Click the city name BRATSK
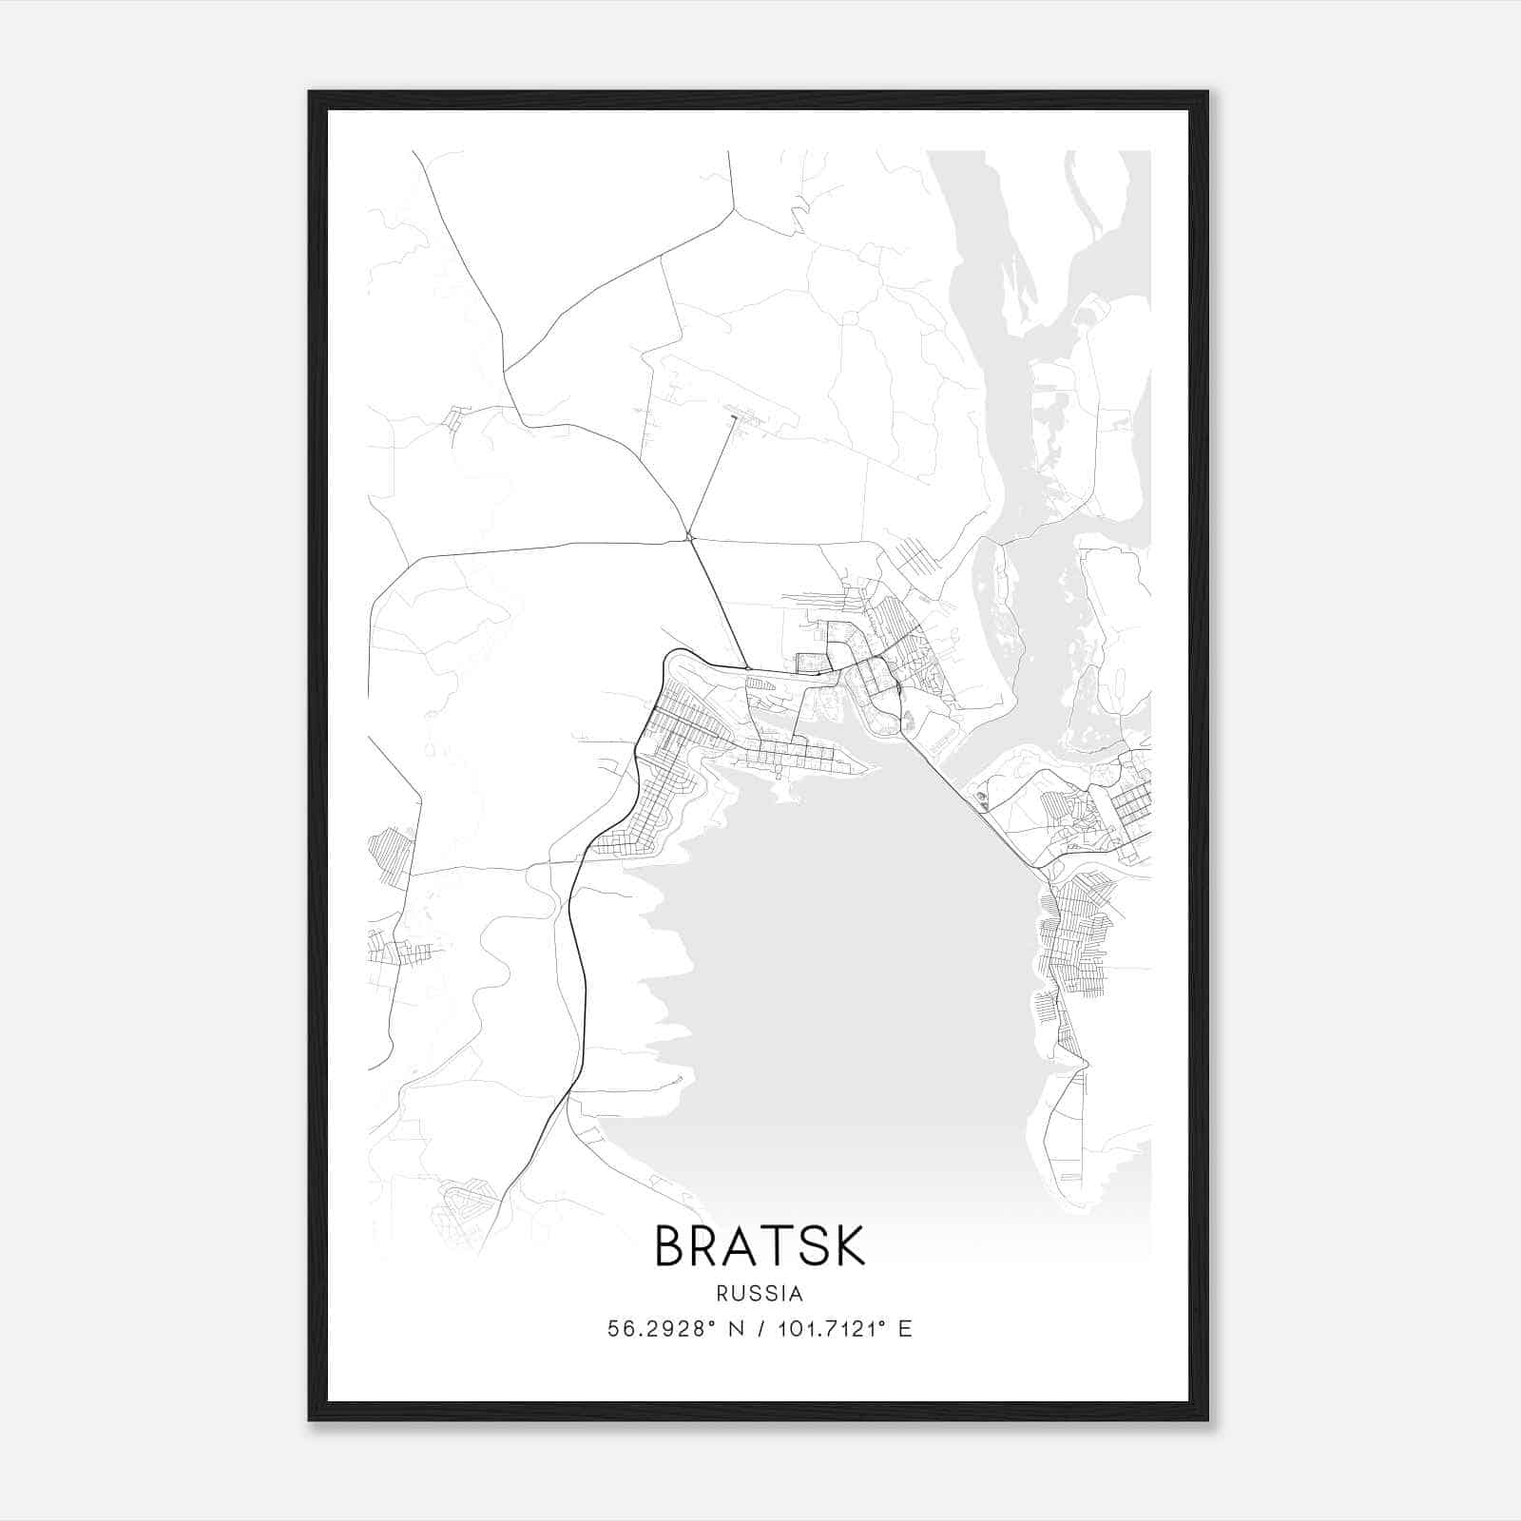click(x=760, y=1246)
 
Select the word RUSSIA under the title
click(x=760, y=1294)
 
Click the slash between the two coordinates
click(x=760, y=1329)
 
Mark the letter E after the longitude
click(x=905, y=1329)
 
